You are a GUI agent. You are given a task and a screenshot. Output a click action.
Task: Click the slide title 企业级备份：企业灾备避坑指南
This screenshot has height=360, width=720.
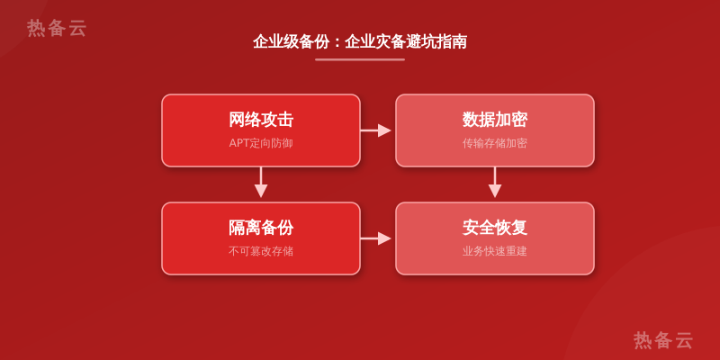[360, 41]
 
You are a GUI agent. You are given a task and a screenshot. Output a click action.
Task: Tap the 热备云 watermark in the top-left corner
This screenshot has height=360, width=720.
[57, 28]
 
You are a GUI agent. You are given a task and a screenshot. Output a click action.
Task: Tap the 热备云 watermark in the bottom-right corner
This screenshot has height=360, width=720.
[663, 340]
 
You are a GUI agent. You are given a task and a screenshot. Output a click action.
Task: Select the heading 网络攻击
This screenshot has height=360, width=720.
[261, 120]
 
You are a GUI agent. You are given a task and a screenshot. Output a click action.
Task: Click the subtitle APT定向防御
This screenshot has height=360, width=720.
[261, 143]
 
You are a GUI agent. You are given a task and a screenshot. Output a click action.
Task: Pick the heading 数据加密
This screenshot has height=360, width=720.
[494, 120]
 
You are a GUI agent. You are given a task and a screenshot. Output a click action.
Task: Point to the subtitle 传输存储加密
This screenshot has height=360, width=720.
[494, 143]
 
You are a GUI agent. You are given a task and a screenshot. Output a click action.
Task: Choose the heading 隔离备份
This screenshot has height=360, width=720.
[261, 228]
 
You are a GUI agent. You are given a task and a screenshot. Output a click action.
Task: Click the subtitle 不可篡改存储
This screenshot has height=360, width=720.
[261, 251]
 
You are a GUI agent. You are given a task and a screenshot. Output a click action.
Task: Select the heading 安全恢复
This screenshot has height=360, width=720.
[494, 228]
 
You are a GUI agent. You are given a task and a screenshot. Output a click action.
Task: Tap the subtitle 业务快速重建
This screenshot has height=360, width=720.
[494, 251]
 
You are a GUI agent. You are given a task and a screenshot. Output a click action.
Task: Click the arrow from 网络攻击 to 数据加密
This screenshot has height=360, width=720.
[375, 130]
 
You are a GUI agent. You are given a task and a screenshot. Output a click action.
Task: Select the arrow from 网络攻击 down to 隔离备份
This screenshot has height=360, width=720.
[261, 183]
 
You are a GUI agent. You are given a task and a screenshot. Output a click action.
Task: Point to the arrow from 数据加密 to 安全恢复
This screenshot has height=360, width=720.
[494, 183]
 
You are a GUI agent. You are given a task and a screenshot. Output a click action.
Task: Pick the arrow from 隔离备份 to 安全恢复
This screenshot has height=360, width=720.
[375, 238]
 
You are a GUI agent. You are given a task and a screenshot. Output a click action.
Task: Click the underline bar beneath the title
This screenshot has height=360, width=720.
[360, 59]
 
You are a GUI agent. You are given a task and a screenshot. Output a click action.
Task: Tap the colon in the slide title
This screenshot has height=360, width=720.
[337, 42]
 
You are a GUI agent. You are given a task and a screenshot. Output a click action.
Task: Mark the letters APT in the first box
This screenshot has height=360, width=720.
[239, 143]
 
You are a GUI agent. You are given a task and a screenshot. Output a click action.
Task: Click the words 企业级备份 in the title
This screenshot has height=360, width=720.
[291, 41]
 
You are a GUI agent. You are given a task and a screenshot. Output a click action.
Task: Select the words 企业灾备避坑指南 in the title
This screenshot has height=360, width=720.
[406, 41]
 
